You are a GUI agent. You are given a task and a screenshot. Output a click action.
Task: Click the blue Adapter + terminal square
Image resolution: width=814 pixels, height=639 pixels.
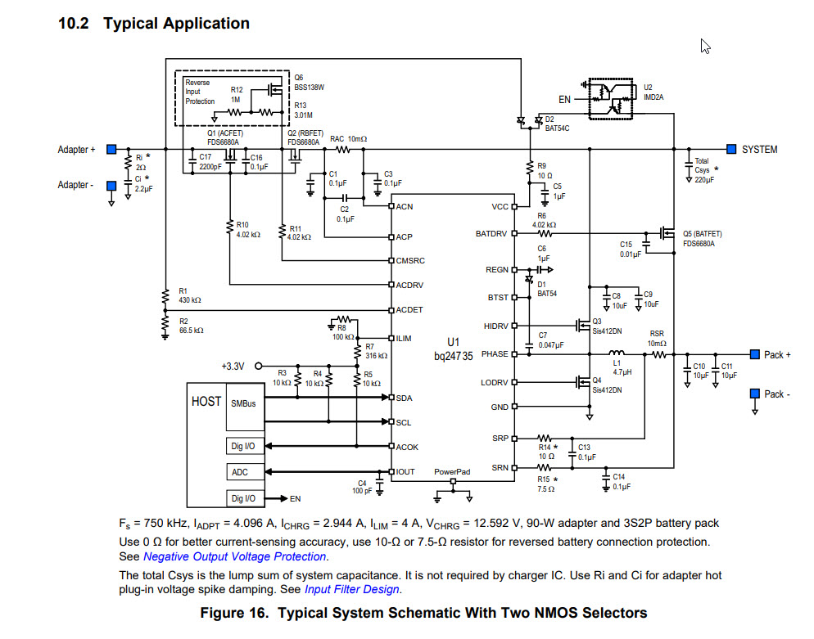tap(111, 150)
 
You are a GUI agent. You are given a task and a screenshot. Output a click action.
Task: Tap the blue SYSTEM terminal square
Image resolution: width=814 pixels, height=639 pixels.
tap(731, 149)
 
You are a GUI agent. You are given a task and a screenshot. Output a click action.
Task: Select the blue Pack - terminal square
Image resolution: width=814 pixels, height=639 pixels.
tap(754, 394)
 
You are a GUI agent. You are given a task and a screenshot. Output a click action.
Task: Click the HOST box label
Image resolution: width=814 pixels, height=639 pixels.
tap(206, 402)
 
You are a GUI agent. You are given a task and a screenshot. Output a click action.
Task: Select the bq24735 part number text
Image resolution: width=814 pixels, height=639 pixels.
tap(454, 357)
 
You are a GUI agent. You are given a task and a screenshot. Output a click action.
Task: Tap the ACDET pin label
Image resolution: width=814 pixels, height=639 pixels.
tap(409, 310)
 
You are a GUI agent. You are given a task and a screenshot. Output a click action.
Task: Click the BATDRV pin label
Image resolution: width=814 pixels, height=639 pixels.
tap(492, 234)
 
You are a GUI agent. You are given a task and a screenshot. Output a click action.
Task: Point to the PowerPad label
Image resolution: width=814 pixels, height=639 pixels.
tap(452, 472)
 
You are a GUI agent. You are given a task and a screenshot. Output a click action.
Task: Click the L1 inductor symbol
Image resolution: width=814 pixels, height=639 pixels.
tap(618, 354)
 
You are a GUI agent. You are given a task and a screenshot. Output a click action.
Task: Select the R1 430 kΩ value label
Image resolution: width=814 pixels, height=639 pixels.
tap(190, 300)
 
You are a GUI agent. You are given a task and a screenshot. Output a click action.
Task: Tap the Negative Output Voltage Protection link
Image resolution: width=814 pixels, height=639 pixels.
tap(235, 557)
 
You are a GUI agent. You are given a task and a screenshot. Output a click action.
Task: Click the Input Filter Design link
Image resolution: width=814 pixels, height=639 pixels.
tap(351, 589)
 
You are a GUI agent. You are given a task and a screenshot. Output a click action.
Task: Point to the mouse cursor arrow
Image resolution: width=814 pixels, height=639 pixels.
tap(704, 47)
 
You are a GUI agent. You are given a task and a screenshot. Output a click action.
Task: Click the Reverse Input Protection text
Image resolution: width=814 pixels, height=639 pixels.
tap(199, 92)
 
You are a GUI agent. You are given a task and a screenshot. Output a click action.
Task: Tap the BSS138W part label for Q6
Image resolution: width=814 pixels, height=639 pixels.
tap(310, 88)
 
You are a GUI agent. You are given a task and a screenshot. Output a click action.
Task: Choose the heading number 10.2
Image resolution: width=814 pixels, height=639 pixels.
tap(75, 23)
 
